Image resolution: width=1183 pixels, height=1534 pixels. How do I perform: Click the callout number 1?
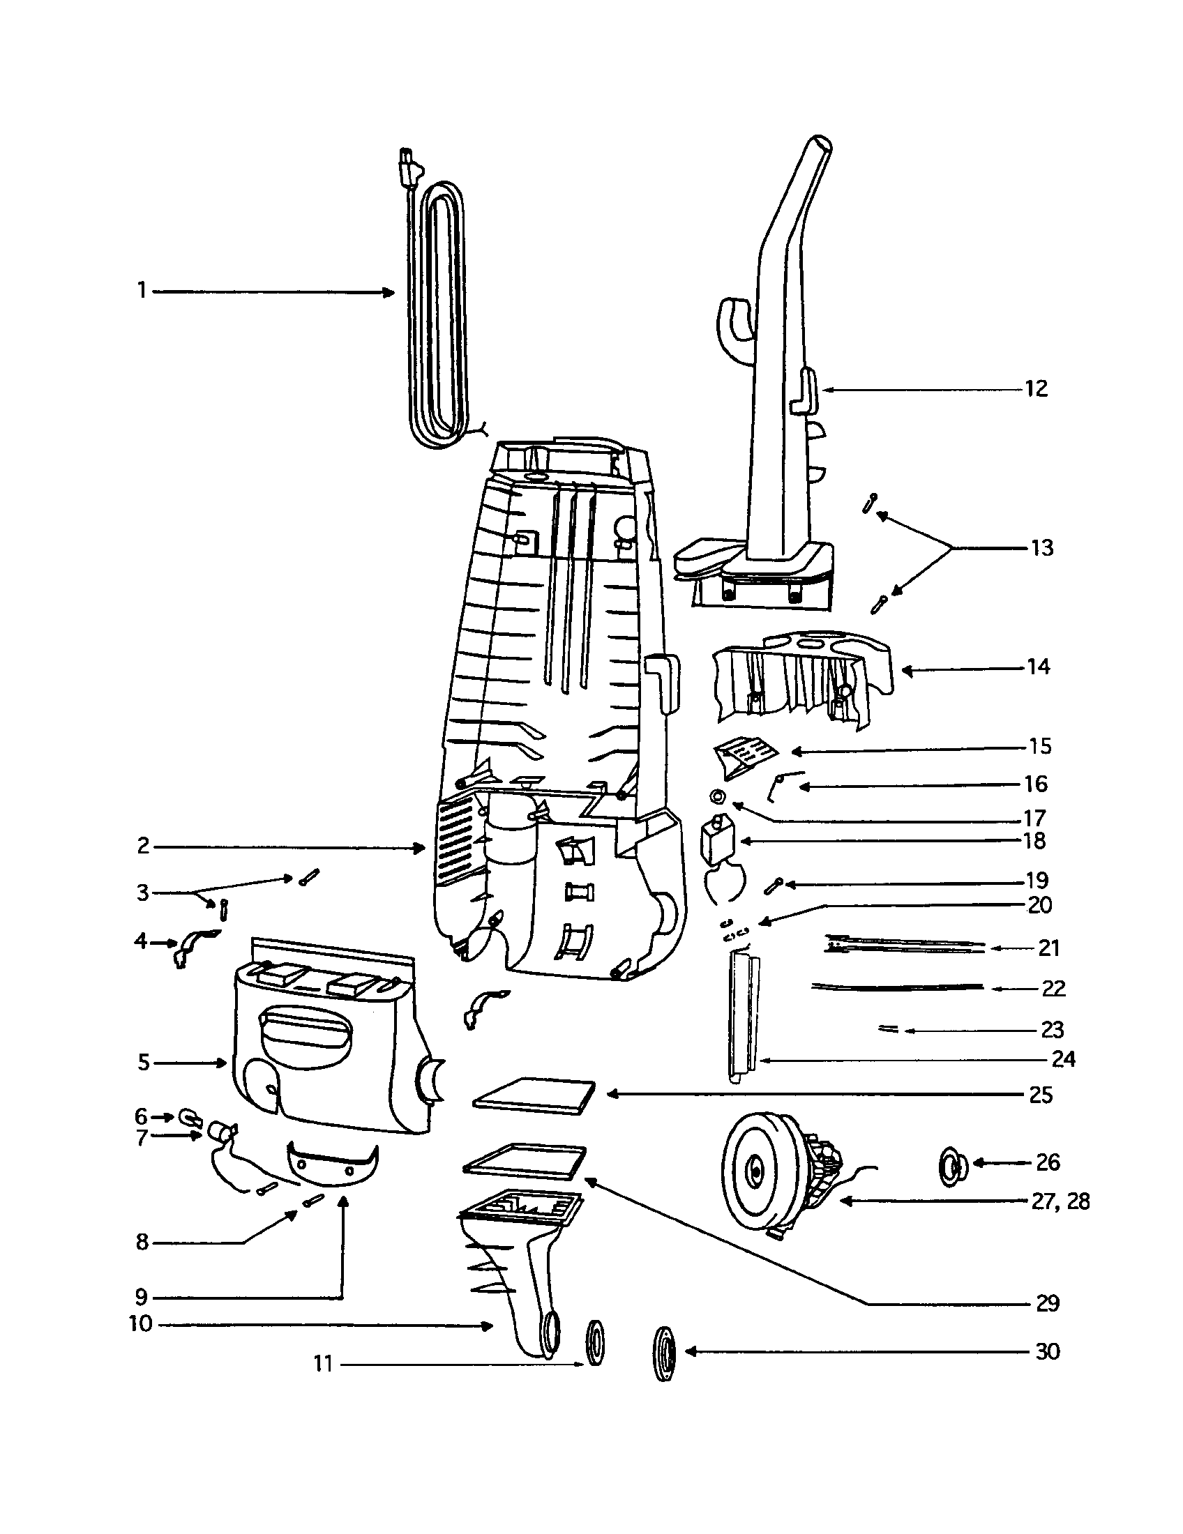pos(142,290)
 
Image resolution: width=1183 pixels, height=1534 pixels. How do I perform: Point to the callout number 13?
pos(1042,548)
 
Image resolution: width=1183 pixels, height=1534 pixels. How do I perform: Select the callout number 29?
pos(1047,1304)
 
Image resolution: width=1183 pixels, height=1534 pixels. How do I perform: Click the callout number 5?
pos(143,1063)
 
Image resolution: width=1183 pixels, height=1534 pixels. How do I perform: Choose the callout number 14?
pos(1039,667)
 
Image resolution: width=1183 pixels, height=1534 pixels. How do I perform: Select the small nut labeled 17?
pos(718,796)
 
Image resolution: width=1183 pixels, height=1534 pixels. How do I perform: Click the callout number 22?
pos(1053,989)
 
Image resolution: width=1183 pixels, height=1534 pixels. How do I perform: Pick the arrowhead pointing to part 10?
pos(485,1326)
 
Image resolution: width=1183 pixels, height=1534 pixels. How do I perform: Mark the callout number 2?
pos(143,846)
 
